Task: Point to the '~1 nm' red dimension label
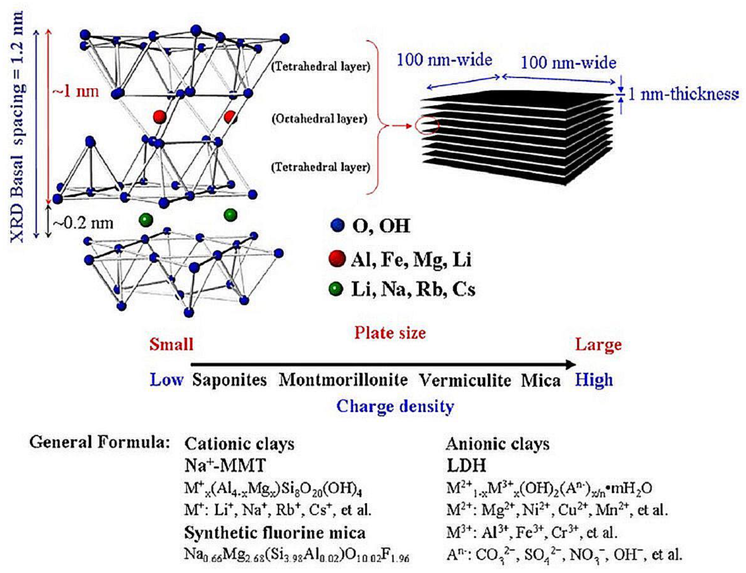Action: pos(75,91)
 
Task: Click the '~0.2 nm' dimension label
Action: pos(83,223)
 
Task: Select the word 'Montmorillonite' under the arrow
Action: pos(343,380)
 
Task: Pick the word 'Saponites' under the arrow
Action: pos(229,380)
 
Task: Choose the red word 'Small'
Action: pos(171,344)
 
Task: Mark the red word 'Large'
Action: pos(598,345)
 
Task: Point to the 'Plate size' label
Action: pos(390,333)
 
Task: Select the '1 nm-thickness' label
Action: pos(683,94)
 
